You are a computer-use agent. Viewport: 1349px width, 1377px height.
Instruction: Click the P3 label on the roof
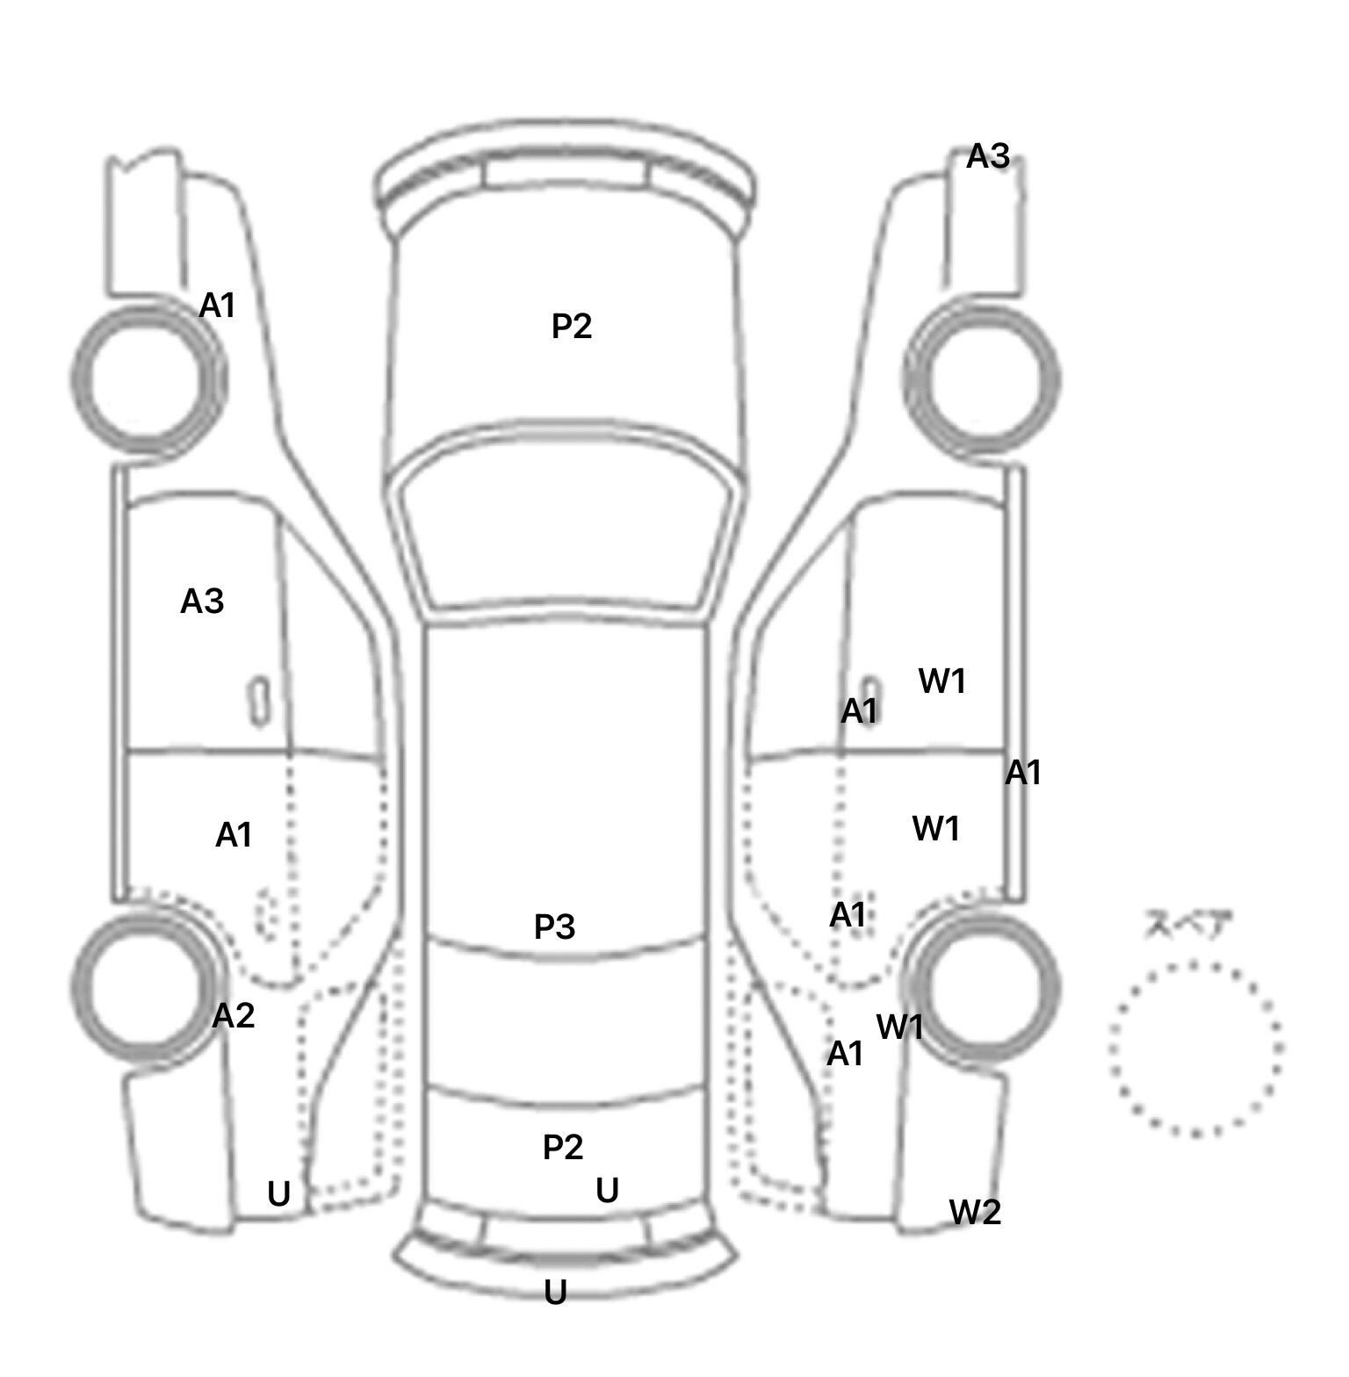pos(554,926)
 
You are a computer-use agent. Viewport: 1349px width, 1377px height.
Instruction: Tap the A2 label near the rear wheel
pos(234,1016)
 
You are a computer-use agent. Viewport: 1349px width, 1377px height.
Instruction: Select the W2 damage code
pos(975,1213)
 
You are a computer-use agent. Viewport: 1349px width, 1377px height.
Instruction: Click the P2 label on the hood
pos(572,327)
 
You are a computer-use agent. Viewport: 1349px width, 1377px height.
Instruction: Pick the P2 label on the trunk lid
pos(563,1147)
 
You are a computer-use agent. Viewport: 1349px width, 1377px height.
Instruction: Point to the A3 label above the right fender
pos(988,156)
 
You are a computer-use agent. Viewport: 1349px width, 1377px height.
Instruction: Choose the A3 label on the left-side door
pos(202,602)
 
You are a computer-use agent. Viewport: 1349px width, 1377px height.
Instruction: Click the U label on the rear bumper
pos(555,1293)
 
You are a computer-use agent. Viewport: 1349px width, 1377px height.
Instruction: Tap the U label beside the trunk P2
pos(607,1191)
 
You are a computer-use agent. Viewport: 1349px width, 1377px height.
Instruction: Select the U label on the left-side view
pos(278,1194)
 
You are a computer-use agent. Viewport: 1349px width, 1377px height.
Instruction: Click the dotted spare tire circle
pos(1194,1049)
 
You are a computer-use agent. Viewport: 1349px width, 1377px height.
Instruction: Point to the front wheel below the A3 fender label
pos(982,379)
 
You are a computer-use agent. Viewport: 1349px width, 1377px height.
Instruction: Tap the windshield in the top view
pos(566,527)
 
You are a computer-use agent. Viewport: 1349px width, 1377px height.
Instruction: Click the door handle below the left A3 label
pos(259,701)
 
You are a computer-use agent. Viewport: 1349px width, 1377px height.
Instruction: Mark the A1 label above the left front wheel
pos(218,306)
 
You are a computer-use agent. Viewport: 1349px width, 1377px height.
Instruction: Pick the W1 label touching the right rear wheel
pos(899,1026)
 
